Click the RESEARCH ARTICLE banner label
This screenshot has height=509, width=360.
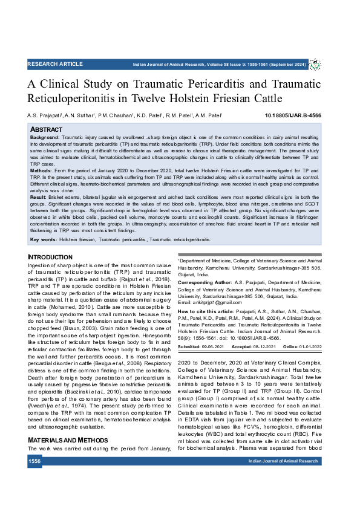coord(55,63)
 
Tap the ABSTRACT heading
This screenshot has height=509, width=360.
coord(46,129)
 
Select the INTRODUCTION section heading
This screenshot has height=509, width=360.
coord(50,258)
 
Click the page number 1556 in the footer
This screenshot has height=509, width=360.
coord(34,461)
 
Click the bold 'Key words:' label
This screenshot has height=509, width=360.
coord(43,239)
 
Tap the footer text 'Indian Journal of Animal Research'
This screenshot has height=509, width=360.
coord(283,461)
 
